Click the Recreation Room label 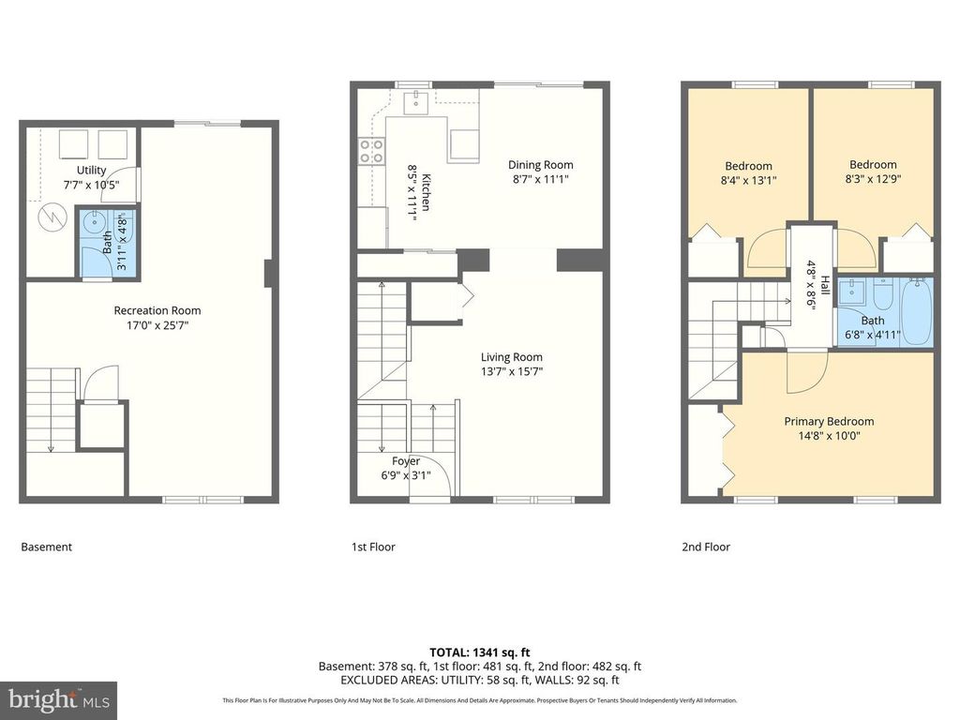point(157,310)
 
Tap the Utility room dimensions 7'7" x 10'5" point(92,185)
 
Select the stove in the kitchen point(371,151)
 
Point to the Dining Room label point(540,165)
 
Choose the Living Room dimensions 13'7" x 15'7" point(511,371)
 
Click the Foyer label point(406,461)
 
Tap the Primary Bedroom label point(829,421)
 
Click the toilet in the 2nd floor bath point(882,298)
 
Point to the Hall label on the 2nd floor point(824,286)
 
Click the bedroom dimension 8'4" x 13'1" point(748,180)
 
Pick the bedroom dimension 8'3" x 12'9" point(872,178)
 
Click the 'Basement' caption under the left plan point(46,547)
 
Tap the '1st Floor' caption point(373,547)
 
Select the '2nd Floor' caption point(705,547)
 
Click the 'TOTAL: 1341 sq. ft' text point(479,652)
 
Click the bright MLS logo point(57,698)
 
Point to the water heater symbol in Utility point(49,217)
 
